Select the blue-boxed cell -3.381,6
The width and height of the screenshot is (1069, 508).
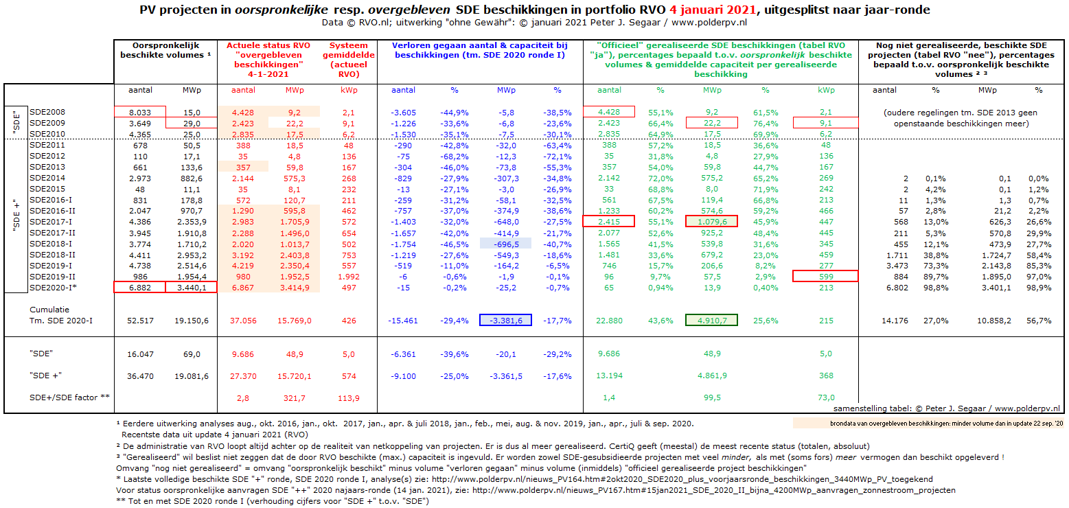(505, 320)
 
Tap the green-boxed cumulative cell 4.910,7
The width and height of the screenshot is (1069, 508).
(711, 320)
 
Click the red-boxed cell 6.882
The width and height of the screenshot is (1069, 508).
(140, 287)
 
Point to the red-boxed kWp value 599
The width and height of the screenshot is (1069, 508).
(826, 276)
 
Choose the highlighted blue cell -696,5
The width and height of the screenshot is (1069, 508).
(505, 244)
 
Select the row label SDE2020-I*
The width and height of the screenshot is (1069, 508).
(53, 288)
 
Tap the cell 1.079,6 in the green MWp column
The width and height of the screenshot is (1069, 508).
(711, 221)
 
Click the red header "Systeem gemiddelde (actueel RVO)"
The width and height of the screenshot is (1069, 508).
(349, 60)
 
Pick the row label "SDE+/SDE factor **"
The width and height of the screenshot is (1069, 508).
(69, 397)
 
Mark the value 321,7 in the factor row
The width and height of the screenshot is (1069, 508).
(294, 397)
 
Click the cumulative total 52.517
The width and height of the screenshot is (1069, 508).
(140, 321)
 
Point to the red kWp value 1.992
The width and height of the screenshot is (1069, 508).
(349, 277)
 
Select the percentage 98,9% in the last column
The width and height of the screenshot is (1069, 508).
(1039, 288)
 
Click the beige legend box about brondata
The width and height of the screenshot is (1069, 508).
(928, 423)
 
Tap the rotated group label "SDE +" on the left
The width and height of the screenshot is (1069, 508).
(16, 215)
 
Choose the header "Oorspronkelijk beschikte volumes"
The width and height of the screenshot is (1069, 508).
(165, 50)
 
